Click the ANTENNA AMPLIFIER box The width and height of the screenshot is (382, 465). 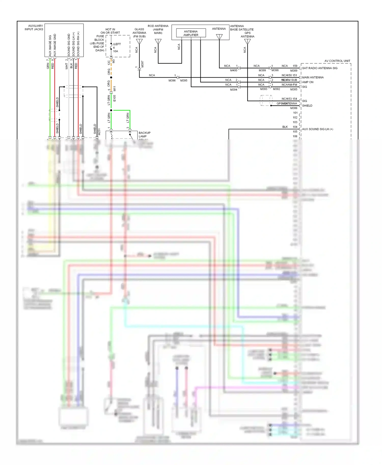click(x=191, y=33)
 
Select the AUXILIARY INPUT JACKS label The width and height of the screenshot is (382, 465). click(x=34, y=27)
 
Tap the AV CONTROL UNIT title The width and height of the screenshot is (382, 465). click(x=337, y=61)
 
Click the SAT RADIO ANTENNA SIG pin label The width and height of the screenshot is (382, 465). click(x=319, y=68)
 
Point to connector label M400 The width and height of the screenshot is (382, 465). click(x=234, y=70)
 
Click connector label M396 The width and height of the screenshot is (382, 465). click(x=172, y=80)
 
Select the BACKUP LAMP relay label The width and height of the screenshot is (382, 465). click(x=144, y=135)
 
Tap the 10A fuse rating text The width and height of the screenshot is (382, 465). click(x=115, y=51)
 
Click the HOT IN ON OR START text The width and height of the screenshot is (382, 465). click(x=110, y=31)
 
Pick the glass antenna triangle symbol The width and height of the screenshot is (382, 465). click(x=139, y=41)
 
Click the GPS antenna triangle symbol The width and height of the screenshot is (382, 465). click(x=247, y=41)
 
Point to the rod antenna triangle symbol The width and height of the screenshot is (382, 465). click(x=158, y=41)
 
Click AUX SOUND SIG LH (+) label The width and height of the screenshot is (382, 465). click(x=317, y=129)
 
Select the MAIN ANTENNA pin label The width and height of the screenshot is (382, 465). click(x=312, y=77)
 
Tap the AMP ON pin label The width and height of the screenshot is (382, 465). click(x=307, y=82)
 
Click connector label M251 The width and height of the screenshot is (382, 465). click(x=99, y=132)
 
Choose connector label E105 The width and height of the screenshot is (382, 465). click(x=114, y=98)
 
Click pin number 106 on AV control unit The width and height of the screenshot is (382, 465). click(x=295, y=136)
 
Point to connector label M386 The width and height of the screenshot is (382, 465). click(x=294, y=108)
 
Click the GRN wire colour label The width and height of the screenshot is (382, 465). click(x=48, y=66)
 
